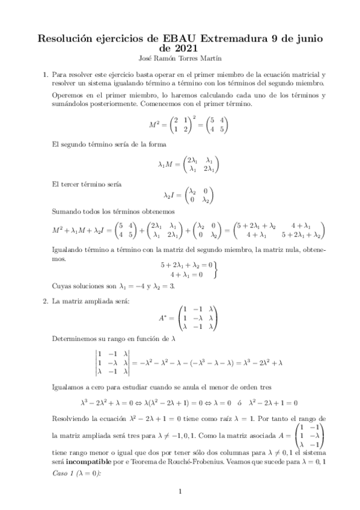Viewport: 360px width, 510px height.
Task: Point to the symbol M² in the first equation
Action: [x=154, y=124]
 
